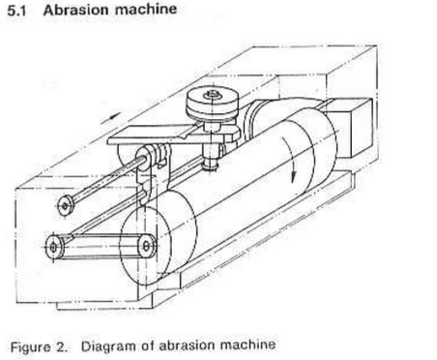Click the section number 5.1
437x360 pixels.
[x=16, y=11]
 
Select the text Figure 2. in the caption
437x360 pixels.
[x=40, y=347]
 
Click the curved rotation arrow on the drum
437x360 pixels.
[x=289, y=158]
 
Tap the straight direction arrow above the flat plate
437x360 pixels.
[x=110, y=118]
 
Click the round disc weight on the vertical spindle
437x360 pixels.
[x=212, y=104]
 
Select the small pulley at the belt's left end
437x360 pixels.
[x=54, y=247]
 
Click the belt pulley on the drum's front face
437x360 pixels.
[x=146, y=247]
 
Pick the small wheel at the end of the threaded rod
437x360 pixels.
[x=65, y=205]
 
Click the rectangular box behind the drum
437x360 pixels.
[x=350, y=128]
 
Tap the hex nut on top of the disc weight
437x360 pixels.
[x=213, y=95]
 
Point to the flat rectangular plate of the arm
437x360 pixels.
[x=152, y=135]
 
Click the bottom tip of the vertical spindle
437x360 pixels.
[x=209, y=169]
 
